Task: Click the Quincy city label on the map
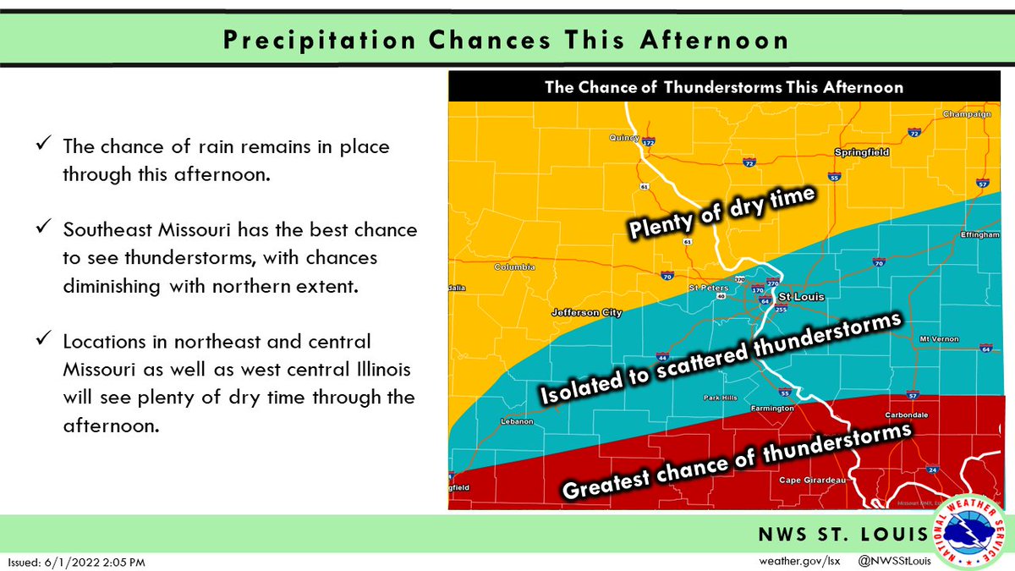[623, 137]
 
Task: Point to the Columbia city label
[514, 267]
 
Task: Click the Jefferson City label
[586, 312]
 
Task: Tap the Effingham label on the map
[980, 235]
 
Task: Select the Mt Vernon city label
[939, 339]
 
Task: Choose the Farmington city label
[772, 408]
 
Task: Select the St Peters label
[707, 288]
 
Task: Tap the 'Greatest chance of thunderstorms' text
[736, 461]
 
